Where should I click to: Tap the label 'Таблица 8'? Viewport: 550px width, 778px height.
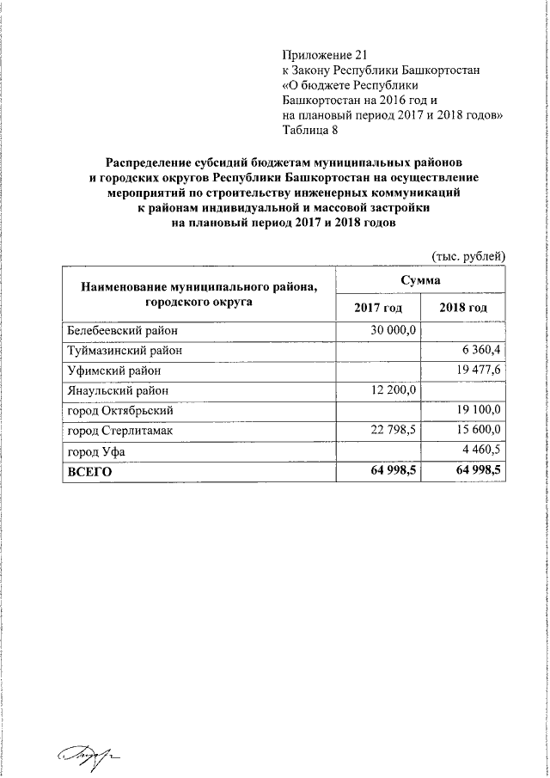[310, 130]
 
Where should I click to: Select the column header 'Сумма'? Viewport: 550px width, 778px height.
[421, 281]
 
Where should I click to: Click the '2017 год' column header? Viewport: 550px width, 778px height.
[378, 308]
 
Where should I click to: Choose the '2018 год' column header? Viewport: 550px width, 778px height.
[463, 308]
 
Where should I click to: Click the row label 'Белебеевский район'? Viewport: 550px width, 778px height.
[122, 330]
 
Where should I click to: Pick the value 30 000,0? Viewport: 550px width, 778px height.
[392, 330]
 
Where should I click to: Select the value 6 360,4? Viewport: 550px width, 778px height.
[480, 350]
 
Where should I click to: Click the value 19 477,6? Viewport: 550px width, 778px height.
[477, 370]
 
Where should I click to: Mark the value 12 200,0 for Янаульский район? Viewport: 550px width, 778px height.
[392, 389]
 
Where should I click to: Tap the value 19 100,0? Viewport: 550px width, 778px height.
[477, 410]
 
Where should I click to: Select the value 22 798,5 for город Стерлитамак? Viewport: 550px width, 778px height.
[392, 430]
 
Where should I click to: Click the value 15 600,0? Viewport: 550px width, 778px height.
[477, 430]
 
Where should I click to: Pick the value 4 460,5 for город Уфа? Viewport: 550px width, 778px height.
[480, 450]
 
